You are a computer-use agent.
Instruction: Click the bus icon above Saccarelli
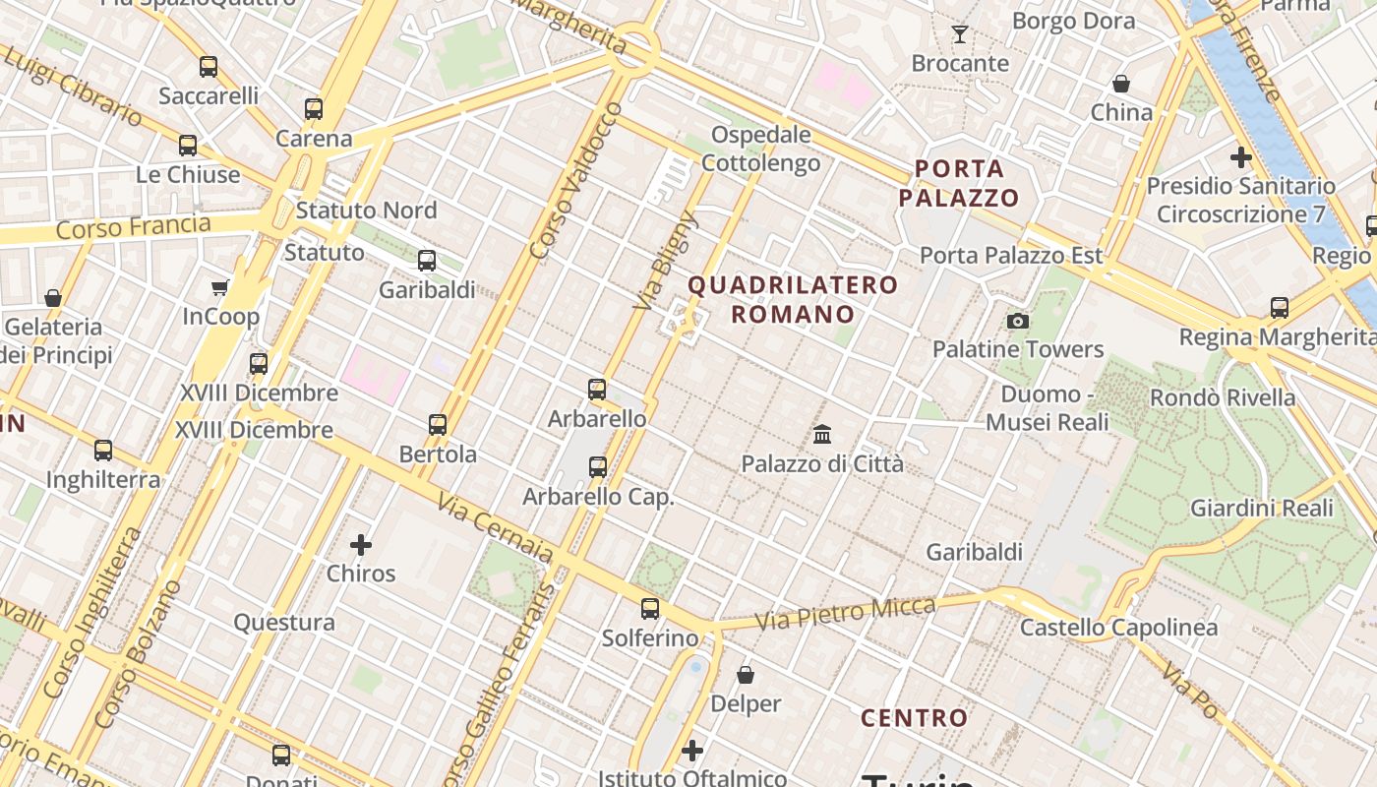(208, 67)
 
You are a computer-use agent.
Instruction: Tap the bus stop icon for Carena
(314, 109)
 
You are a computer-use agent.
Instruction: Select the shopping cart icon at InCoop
(220, 287)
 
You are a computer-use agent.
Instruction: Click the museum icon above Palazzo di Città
(822, 434)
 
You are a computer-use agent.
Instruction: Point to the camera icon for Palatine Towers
(1018, 321)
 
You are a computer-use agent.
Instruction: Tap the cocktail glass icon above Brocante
(960, 34)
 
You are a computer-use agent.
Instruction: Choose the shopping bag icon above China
(1120, 84)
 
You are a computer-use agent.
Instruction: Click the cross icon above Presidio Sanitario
(1240, 156)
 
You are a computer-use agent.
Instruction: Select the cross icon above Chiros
(361, 544)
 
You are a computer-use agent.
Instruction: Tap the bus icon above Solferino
(649, 608)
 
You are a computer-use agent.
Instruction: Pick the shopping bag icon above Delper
(746, 675)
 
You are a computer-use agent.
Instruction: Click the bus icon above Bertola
(438, 425)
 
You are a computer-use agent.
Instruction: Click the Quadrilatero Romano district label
(793, 300)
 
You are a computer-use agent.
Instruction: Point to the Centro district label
(915, 718)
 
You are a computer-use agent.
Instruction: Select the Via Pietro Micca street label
(845, 613)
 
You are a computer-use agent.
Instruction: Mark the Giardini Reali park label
(1262, 508)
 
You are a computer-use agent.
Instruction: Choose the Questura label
(284, 622)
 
